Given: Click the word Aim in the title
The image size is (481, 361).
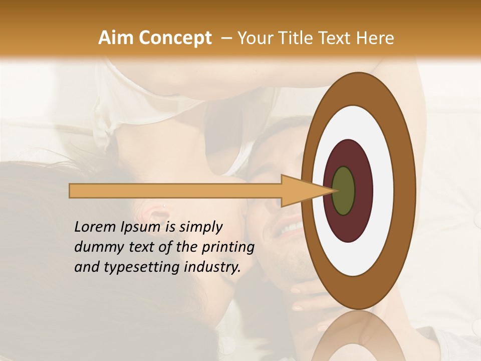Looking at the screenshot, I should pyautogui.click(x=116, y=38).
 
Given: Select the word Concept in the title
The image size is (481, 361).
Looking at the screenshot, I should pyautogui.click(x=175, y=38).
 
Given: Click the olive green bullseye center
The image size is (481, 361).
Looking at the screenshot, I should pyautogui.click(x=343, y=191).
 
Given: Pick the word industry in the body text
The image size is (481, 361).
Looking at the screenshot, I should pyautogui.click(x=212, y=267).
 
